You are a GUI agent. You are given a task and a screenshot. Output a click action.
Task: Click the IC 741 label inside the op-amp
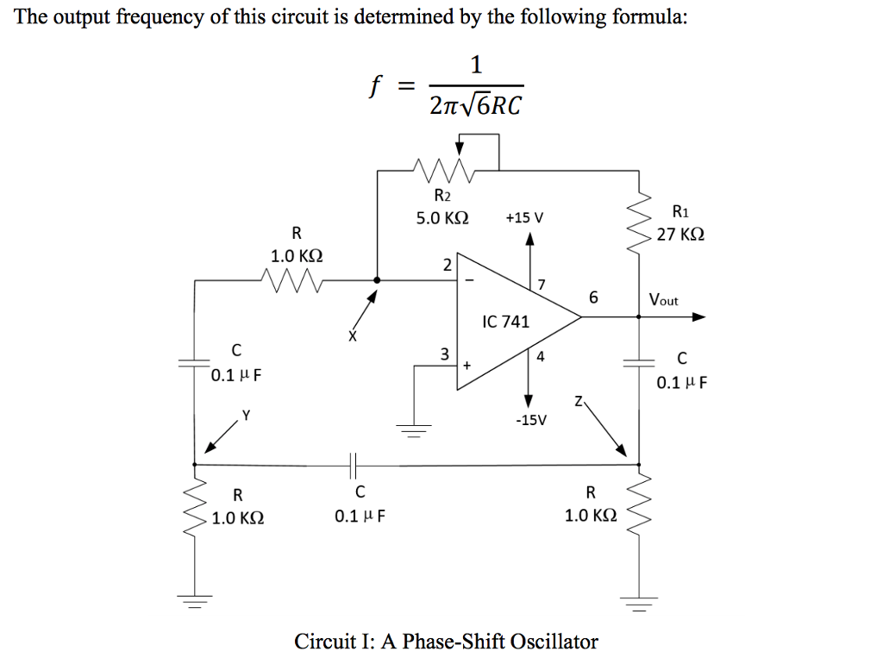click(x=506, y=323)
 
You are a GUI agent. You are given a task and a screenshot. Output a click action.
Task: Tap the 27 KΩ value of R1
click(x=680, y=234)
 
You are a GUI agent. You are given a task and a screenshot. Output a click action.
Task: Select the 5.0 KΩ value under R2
click(x=442, y=218)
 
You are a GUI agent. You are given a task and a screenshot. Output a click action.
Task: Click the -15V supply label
click(x=530, y=420)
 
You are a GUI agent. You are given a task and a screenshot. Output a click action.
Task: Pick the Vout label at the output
click(x=664, y=300)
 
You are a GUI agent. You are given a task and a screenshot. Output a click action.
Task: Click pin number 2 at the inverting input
click(x=446, y=265)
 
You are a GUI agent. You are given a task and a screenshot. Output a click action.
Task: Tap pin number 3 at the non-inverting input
click(x=444, y=354)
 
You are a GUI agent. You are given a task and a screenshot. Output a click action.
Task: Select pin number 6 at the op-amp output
click(x=592, y=298)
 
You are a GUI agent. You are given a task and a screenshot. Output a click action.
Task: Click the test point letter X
click(x=352, y=336)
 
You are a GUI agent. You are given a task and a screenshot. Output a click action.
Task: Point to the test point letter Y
click(x=246, y=415)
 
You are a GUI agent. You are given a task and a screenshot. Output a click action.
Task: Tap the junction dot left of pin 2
click(x=376, y=279)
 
